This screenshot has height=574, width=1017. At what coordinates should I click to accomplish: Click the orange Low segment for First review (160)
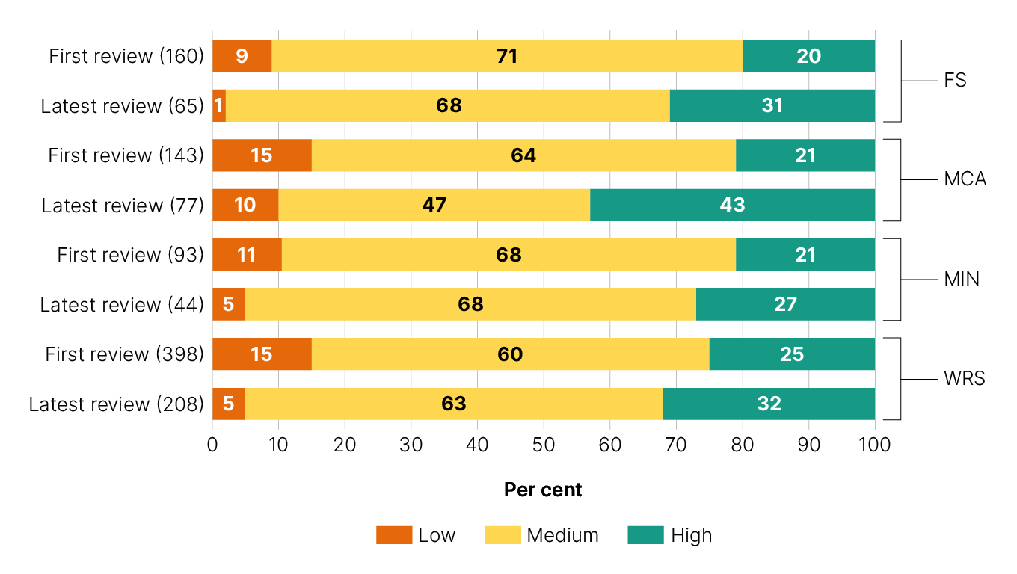242,56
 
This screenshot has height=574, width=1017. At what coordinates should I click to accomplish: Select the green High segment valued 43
732,205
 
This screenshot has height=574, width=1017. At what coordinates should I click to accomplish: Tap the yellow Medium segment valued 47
434,205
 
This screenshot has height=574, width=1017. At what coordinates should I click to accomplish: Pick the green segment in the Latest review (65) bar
772,105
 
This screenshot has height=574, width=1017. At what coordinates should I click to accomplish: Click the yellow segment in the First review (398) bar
510,354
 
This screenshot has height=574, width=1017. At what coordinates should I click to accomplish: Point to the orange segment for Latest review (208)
229,404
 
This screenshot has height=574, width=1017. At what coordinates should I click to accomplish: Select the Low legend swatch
394,535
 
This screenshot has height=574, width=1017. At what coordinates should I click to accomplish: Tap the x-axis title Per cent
543,490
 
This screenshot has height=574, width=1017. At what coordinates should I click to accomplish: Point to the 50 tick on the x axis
544,445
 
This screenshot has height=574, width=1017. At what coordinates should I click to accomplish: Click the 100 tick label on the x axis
875,445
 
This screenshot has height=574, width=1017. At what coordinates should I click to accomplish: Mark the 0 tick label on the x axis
212,445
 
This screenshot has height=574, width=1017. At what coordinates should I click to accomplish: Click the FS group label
955,81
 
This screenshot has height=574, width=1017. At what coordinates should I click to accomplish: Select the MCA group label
965,180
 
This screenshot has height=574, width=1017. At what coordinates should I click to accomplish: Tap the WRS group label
964,379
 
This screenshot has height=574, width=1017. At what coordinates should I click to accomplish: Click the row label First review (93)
130,255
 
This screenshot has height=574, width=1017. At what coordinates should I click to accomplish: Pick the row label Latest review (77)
123,205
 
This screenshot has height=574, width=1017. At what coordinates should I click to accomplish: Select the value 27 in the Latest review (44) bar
785,304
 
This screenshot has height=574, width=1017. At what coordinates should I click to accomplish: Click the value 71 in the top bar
507,56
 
